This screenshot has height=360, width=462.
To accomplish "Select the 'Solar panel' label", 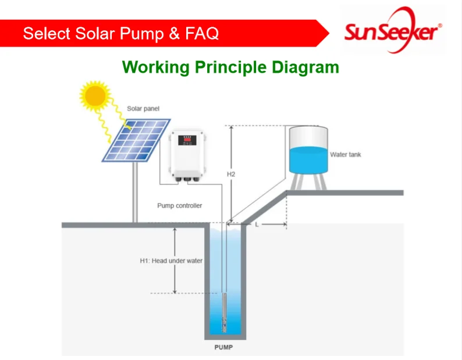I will pyautogui.click(x=143, y=109).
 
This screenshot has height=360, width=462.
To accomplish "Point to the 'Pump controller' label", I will pyautogui.click(x=180, y=206).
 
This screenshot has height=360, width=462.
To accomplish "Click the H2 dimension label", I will pyautogui.click(x=230, y=174).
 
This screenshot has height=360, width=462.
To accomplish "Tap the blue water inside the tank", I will pyautogui.click(x=308, y=160).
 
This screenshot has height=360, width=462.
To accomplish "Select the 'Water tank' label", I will pyautogui.click(x=346, y=155).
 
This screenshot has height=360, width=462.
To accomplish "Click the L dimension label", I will pyautogui.click(x=257, y=224).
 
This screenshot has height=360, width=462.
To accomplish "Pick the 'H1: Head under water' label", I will pyautogui.click(x=171, y=261).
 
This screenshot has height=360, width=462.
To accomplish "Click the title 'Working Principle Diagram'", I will pyautogui.click(x=230, y=67).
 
